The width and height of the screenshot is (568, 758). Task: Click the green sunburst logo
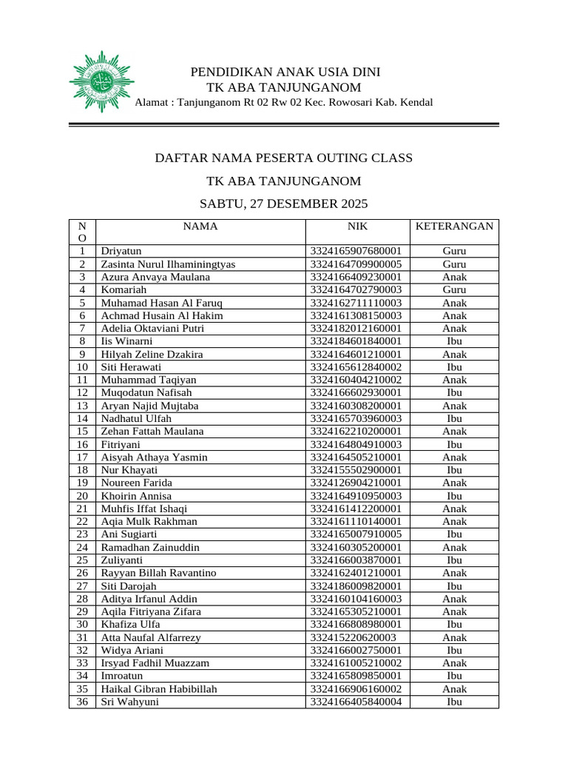pos(101,81)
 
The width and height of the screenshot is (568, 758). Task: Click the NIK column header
pos(357,227)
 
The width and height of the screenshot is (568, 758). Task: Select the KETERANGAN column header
pos(454,227)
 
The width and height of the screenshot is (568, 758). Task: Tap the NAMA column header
pos(200,227)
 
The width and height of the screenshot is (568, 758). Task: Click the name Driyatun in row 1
pos(121,252)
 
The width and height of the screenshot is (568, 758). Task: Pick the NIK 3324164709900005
pos(356,264)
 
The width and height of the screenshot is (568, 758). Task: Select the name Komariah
pos(125,290)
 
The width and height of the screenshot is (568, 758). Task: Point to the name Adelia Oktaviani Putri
pos(152,328)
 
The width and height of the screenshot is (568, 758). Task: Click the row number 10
pos(82,367)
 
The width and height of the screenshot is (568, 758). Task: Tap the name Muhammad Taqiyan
pos(143,380)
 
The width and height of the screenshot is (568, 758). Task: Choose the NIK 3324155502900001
pos(356,470)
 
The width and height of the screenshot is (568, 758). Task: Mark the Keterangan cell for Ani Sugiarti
pos(454,534)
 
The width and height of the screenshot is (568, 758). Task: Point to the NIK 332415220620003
pos(354,637)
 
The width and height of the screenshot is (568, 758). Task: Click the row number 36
pos(82,702)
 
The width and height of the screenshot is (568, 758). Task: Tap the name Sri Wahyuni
pos(129,702)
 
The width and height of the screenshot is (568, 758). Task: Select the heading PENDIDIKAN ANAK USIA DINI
pos(285,73)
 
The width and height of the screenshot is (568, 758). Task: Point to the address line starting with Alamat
pos(283,102)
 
